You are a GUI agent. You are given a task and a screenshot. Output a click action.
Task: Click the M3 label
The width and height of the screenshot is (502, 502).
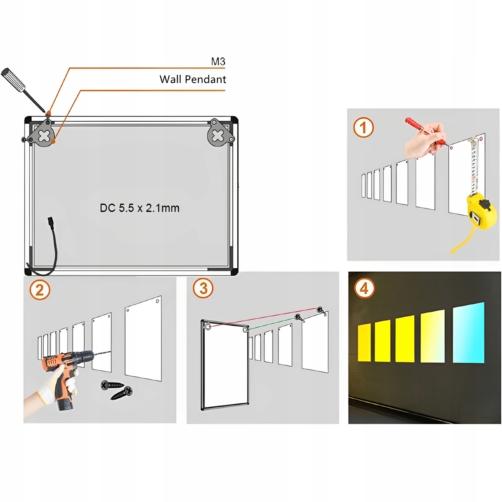218,62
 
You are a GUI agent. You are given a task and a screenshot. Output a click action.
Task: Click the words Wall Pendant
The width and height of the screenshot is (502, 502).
193,79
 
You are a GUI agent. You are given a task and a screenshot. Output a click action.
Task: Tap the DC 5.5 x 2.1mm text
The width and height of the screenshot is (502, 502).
140,208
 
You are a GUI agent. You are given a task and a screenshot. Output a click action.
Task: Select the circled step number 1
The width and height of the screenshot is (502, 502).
363,128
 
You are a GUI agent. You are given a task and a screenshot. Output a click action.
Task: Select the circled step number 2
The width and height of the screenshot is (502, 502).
40,290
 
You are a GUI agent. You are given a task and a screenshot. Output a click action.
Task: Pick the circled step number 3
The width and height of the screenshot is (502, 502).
203,288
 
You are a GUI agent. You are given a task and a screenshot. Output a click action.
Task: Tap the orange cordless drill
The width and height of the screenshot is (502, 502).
68,369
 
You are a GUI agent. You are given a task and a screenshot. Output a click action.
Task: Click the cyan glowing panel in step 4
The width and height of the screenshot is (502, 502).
468,333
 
